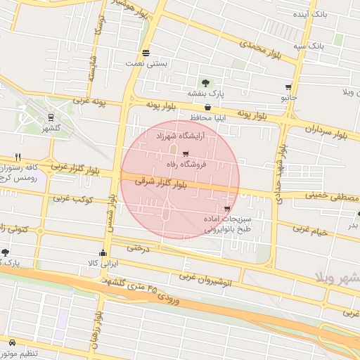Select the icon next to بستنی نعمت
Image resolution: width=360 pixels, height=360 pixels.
[146, 53]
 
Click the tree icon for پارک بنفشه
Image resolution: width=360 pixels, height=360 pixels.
[205, 82]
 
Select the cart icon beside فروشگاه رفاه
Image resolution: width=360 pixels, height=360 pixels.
[186, 154]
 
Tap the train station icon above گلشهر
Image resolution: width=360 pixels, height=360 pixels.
[51, 117]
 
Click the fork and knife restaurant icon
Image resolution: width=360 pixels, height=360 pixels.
[18, 157]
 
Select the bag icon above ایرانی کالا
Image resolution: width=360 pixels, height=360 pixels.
[103, 253]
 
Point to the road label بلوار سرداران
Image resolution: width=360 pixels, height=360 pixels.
[332, 129]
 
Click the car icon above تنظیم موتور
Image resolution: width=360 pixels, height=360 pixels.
[12, 342]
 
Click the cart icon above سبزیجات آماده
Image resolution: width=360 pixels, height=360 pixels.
[226, 209]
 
